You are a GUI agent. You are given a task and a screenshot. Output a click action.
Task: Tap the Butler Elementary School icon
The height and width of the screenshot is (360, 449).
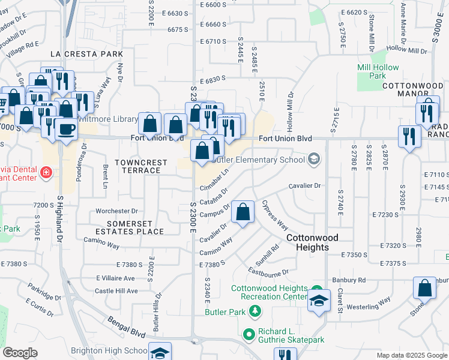pyautogui.click(x=313, y=160)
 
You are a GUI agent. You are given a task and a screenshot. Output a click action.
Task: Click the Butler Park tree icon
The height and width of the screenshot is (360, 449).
pyautogui.click(x=256, y=311)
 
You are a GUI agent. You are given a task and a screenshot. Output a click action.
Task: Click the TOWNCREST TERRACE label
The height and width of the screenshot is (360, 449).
pyautogui.click(x=138, y=166)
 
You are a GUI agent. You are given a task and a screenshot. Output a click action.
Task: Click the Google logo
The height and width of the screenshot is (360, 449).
pyautogui.click(x=20, y=353)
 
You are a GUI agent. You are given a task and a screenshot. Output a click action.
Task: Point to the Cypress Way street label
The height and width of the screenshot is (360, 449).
pyautogui.click(x=274, y=215)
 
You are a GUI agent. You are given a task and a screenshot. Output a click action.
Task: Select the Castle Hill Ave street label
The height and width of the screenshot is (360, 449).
pyautogui.click(x=112, y=290)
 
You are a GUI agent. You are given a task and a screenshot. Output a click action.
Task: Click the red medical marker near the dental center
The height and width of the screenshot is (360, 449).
pyautogui.click(x=46, y=174)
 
